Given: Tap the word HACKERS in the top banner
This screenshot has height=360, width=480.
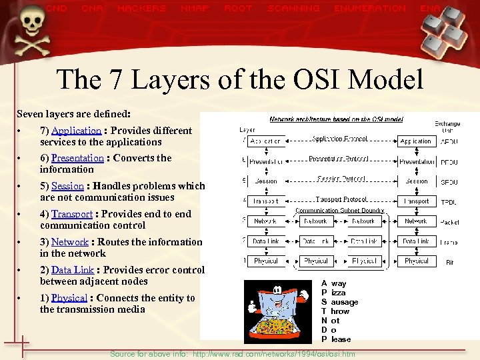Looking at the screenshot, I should click(x=141, y=9).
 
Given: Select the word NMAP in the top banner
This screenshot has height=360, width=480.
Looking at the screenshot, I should click(x=194, y=9).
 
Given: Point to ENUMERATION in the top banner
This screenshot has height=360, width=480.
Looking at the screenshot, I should click(x=370, y=9).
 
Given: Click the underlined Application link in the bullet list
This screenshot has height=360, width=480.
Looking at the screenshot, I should click(x=76, y=131).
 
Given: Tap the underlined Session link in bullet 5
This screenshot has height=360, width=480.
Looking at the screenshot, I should click(x=67, y=186).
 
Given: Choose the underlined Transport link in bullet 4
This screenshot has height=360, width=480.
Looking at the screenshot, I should click(x=72, y=214).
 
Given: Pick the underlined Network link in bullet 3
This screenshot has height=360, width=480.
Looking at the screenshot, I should click(x=69, y=242).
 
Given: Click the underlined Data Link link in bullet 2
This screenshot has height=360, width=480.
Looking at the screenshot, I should click(x=73, y=270).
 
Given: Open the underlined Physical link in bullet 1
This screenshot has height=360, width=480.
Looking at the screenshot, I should click(x=69, y=298).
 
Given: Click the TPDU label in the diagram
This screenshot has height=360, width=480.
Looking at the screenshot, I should click(x=448, y=201).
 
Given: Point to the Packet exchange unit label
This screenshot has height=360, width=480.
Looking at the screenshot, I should click(x=449, y=221).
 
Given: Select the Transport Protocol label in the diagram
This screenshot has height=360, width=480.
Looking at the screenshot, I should click(x=341, y=199).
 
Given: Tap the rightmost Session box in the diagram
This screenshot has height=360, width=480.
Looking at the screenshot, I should click(x=416, y=181).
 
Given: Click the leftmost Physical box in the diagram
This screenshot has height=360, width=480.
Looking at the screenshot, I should click(x=265, y=261).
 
